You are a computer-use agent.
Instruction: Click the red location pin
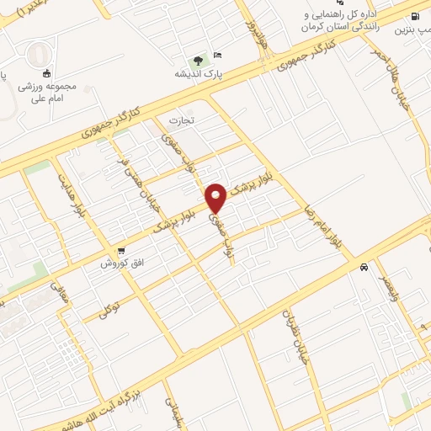coord(216,197)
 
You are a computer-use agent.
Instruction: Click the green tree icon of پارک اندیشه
coord(198,61)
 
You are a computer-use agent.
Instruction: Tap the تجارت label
coord(184,120)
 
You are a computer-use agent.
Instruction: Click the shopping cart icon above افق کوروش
coord(122,251)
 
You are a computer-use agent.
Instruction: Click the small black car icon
coord(363,267)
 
